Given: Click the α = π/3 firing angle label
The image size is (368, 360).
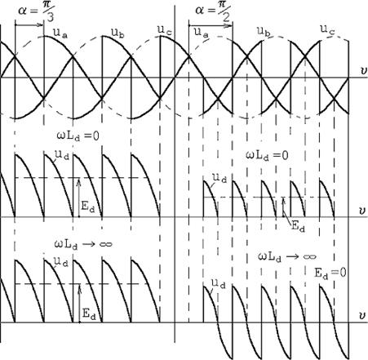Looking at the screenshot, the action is pyautogui.click(x=36, y=11).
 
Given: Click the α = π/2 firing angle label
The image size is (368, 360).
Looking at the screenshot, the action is pyautogui.click(x=213, y=11).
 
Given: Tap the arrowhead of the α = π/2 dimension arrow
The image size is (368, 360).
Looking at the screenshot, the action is pyautogui.click(x=229, y=26).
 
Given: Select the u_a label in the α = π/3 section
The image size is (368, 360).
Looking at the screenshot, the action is pyautogui.click(x=60, y=33).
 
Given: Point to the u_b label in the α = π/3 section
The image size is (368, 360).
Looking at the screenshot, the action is pyautogui.click(x=117, y=33).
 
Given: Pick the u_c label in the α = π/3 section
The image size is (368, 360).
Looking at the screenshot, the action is pyautogui.click(x=165, y=30).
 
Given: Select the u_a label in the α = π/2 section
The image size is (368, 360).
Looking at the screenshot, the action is pyautogui.click(x=202, y=33).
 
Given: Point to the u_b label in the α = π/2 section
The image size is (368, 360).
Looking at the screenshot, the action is pyautogui.click(x=264, y=32).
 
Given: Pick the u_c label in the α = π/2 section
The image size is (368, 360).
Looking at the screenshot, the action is pyautogui.click(x=327, y=29).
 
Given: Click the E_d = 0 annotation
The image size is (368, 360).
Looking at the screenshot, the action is pyautogui.click(x=330, y=273).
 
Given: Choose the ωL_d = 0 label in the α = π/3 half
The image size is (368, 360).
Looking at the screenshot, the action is pyautogui.click(x=78, y=136).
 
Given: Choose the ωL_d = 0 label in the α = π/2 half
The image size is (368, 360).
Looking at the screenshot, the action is pyautogui.click(x=267, y=156).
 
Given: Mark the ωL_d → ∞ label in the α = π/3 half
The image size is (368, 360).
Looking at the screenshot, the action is pyautogui.click(x=83, y=244).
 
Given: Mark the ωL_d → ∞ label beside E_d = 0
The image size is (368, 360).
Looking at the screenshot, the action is pyautogui.click(x=286, y=256).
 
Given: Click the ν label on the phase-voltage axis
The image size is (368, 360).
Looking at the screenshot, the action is pyautogui.click(x=363, y=70).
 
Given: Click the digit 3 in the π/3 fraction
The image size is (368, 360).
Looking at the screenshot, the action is pyautogui.click(x=50, y=17).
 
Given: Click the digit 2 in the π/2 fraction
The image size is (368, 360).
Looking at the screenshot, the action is pyautogui.click(x=226, y=17).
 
